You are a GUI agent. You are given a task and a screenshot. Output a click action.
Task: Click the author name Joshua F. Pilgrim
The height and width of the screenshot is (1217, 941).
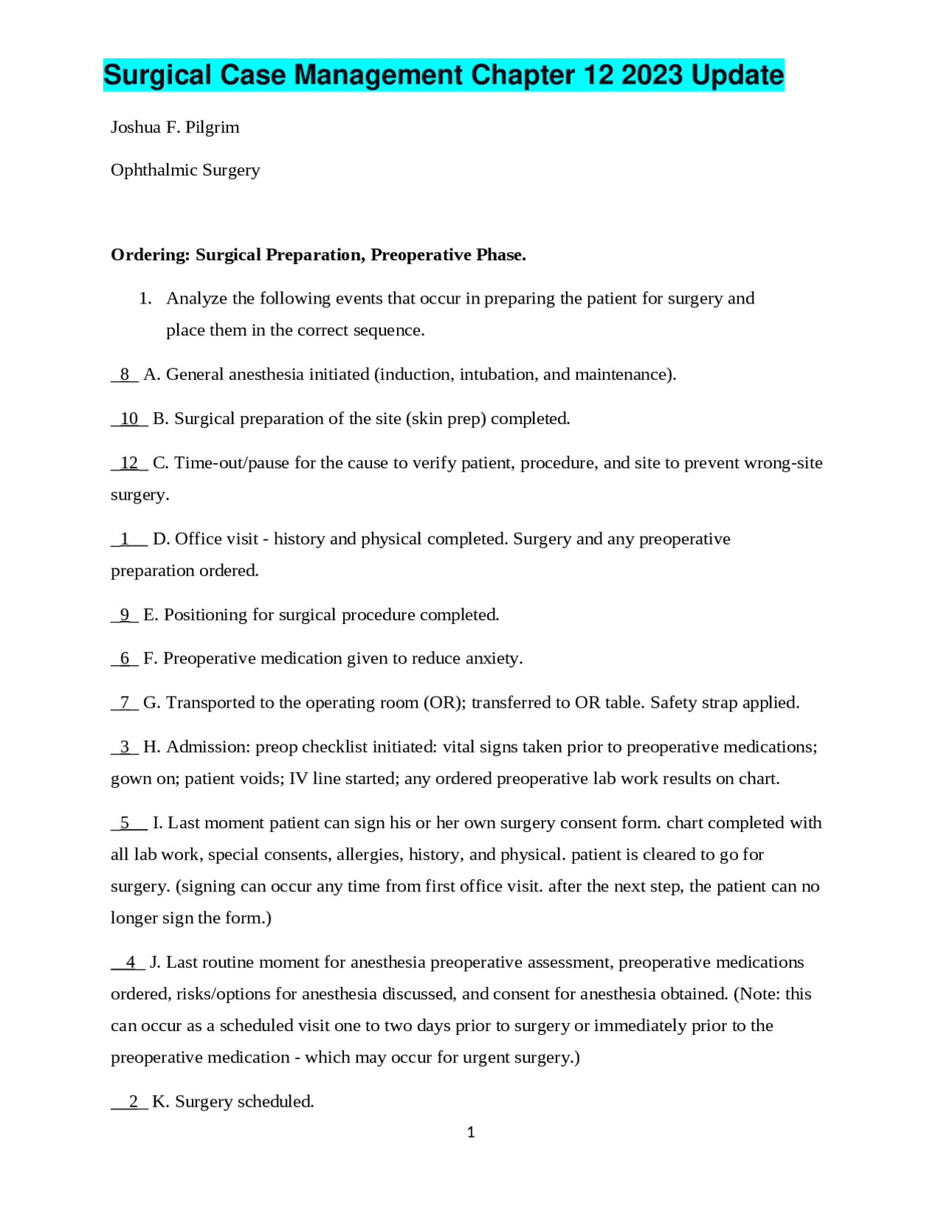point(175,127)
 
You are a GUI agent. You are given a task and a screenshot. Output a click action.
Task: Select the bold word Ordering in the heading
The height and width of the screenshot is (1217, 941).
point(150,255)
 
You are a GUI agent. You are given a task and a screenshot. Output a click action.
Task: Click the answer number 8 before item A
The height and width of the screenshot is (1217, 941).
point(125,375)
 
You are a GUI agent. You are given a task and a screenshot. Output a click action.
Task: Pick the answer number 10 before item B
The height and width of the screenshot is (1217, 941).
point(129,419)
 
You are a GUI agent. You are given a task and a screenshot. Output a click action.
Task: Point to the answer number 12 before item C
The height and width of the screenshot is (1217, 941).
point(129,463)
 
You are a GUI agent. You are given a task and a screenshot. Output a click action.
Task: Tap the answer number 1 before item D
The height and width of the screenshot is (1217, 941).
point(125,539)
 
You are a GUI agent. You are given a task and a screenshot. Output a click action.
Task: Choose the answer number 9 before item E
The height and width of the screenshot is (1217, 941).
point(125,614)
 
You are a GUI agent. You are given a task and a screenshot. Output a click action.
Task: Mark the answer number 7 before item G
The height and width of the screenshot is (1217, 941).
point(125,703)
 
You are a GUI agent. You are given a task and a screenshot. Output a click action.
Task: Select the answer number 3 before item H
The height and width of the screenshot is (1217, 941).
point(125,747)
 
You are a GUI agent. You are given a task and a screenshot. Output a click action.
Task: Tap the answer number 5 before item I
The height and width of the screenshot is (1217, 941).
point(125,823)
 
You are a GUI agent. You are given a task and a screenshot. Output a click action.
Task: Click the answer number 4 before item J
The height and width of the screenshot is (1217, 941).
point(131,962)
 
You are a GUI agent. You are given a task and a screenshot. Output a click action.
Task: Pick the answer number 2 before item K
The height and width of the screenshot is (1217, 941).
point(133,1102)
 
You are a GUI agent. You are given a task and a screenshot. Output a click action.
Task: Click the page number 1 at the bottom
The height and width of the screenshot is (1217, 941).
point(470,1132)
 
